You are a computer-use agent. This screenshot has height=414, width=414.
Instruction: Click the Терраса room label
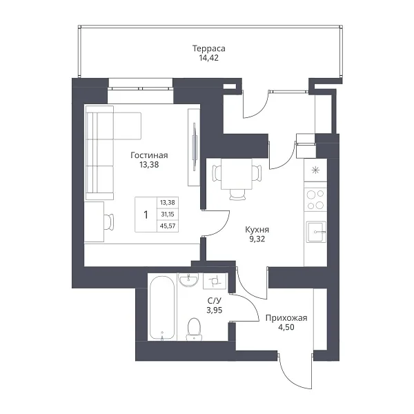[209, 48]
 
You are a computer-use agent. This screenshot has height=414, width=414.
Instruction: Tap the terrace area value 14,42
[209, 58]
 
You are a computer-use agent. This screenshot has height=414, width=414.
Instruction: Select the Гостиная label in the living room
[149, 155]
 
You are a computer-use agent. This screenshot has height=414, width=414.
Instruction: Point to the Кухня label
[257, 230]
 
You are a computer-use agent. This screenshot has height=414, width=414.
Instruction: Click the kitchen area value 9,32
[257, 239]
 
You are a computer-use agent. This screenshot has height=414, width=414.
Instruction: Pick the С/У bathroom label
[215, 301]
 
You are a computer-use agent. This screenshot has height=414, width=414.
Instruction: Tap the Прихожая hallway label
[286, 318]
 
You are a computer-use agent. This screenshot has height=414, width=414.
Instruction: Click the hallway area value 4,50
[286, 327]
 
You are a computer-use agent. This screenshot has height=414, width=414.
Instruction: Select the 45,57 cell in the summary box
[168, 226]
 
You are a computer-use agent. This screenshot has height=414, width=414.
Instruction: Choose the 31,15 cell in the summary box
[168, 215]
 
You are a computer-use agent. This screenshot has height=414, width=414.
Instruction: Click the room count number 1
[146, 215]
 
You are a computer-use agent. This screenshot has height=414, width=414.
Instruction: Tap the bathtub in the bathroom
[162, 308]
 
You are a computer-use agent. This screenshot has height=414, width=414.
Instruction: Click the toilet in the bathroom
[194, 329]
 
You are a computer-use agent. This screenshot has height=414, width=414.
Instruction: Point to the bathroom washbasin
[188, 280]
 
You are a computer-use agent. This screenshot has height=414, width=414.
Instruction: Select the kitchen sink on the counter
[316, 232]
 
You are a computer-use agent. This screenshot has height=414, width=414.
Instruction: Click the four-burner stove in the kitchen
[315, 199]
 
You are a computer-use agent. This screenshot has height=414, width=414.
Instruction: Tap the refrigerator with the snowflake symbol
[315, 170]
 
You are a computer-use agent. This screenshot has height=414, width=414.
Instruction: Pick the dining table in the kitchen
[237, 174]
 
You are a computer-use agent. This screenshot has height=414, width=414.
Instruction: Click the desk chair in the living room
[109, 221]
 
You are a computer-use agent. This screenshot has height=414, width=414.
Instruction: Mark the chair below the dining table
[237, 195]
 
